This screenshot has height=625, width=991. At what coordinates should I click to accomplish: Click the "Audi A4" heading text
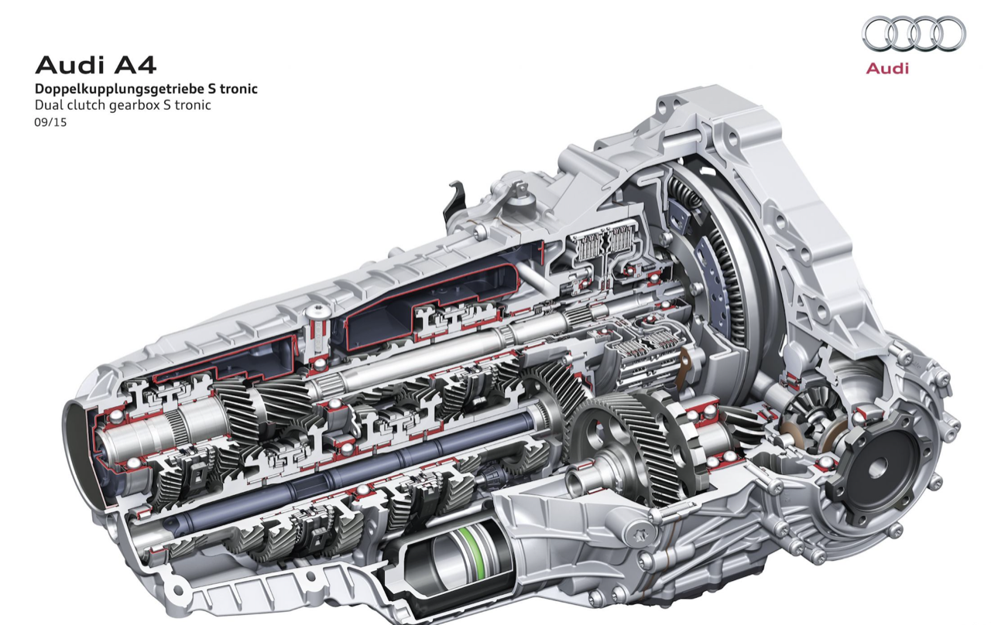[95, 66]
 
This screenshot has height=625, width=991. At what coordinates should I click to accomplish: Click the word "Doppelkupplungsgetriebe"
[119, 89]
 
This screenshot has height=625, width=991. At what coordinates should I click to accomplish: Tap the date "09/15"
[50, 122]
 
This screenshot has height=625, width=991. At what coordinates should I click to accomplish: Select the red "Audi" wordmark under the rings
[887, 69]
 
